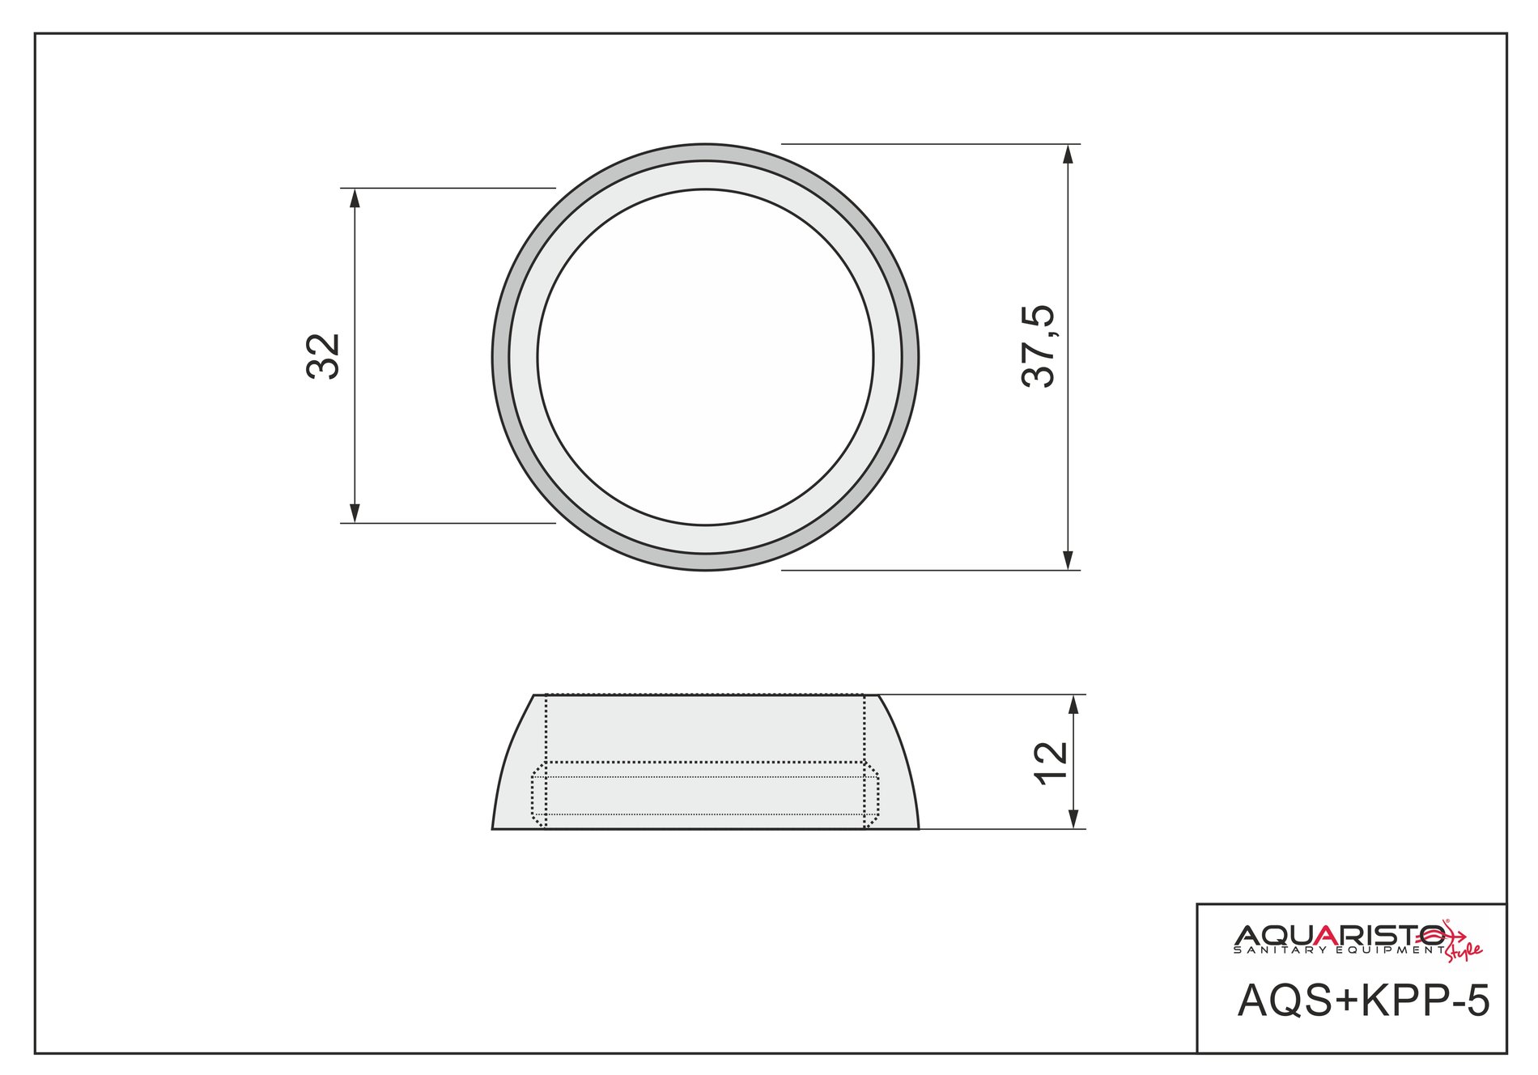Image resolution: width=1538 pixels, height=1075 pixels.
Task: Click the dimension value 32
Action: (x=324, y=356)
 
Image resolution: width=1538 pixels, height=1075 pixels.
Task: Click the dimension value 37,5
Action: (x=1039, y=346)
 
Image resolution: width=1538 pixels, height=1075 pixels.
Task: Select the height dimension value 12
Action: (x=1052, y=762)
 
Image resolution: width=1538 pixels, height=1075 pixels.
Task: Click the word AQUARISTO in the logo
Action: (x=1340, y=935)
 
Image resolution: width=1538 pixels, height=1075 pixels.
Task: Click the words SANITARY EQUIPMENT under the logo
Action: (x=1339, y=950)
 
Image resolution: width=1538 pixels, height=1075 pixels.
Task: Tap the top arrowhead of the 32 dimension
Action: (x=354, y=198)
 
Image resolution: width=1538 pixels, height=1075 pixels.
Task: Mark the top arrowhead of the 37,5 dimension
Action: (x=1069, y=155)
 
